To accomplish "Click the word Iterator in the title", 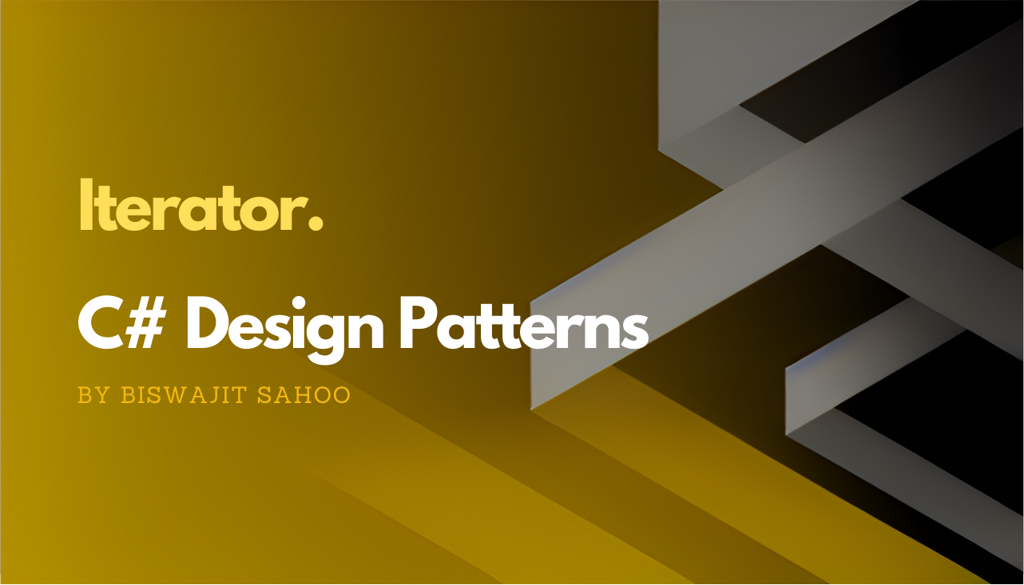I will point(192,207).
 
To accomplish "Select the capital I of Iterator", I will point(85,206).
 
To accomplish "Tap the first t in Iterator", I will point(105,209).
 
